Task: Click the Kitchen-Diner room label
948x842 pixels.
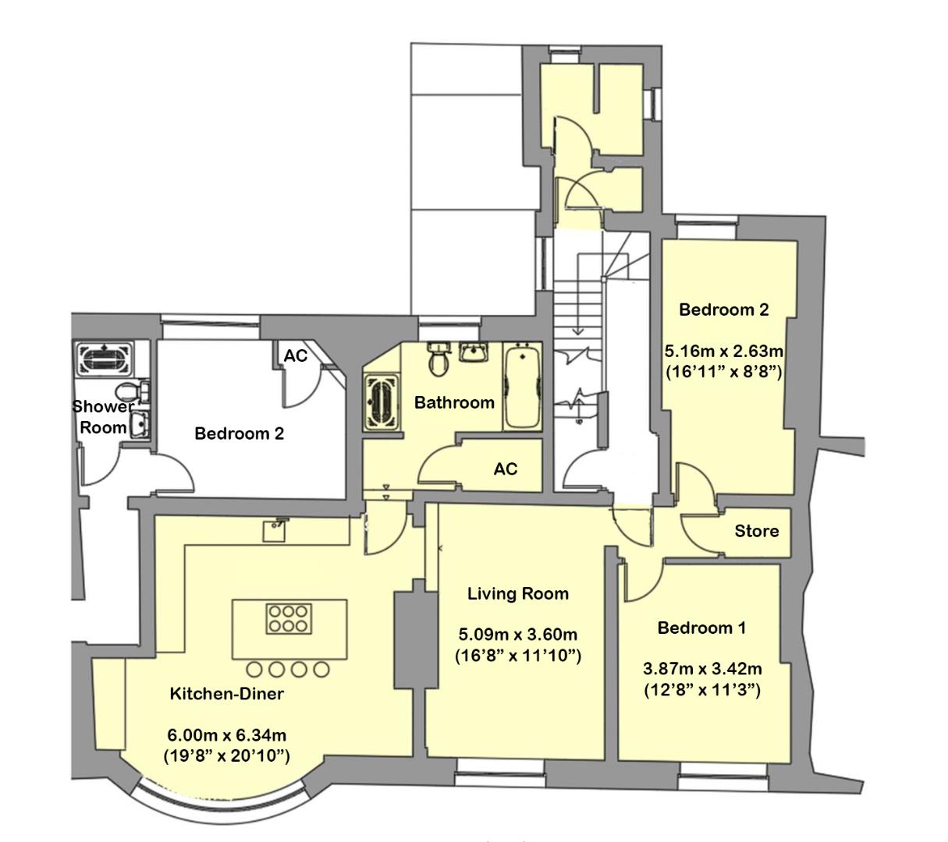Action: coord(227,694)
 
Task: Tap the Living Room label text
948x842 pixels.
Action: coord(518,593)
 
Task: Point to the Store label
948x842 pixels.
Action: coord(756,531)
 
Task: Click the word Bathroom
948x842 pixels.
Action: coord(454,402)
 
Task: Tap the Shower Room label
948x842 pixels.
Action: coord(102,417)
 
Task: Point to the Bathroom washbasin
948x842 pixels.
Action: coord(474,352)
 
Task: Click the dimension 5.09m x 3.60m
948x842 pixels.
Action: coord(518,634)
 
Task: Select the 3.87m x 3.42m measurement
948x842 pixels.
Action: coord(702,669)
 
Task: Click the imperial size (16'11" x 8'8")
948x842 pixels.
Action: coord(723,372)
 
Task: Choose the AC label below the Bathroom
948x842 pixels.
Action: coord(506,469)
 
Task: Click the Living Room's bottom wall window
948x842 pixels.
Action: coord(499,777)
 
